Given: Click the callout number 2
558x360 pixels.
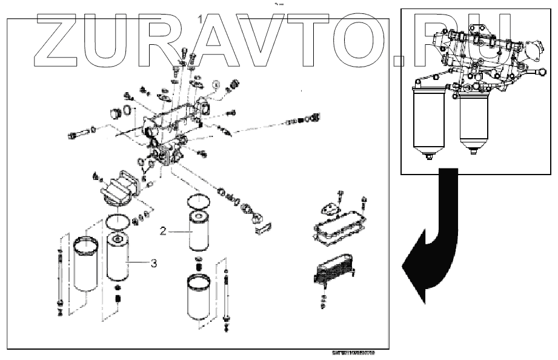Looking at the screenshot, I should click(163, 230).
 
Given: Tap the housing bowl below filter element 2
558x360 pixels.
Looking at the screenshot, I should click(201, 297).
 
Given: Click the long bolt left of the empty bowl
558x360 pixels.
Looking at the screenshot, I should click(59, 273).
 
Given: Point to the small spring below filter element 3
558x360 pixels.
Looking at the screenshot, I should click(118, 297).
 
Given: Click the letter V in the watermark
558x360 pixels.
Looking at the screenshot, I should click(260, 40).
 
